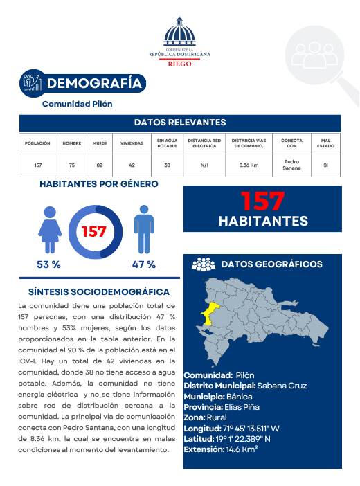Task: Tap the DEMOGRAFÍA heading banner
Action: (x=95, y=84)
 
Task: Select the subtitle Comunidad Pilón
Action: (x=78, y=104)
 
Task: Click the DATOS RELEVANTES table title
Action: (x=180, y=123)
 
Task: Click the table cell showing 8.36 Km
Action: (x=249, y=165)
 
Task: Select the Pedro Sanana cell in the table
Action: (x=291, y=165)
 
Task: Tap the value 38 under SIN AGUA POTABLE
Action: (x=167, y=165)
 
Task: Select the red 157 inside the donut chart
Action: (x=94, y=231)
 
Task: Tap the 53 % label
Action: (x=49, y=264)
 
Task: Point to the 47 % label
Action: (x=143, y=264)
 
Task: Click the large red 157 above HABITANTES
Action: (x=262, y=201)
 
